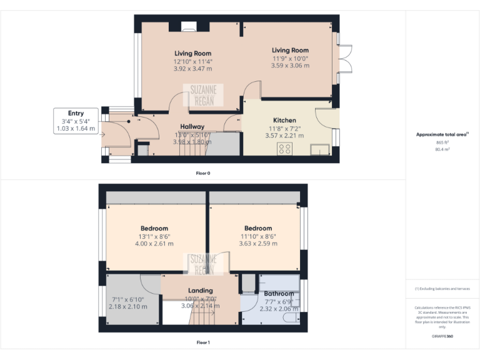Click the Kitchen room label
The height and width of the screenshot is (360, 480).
click(x=284, y=120)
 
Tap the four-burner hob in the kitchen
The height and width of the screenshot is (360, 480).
click(x=285, y=149)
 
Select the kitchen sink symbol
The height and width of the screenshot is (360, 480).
click(x=320, y=150)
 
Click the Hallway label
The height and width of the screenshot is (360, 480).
click(x=192, y=126)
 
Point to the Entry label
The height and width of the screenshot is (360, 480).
click(x=76, y=113)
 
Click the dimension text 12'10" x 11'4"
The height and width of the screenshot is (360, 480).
click(x=192, y=61)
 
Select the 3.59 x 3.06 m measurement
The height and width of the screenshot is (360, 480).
click(x=290, y=66)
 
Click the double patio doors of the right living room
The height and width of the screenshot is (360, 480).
click(x=346, y=64)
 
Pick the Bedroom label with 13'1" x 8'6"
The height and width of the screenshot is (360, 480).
click(x=153, y=229)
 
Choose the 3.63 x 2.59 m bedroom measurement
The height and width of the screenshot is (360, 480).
click(x=257, y=244)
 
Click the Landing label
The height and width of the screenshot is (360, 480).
click(x=201, y=291)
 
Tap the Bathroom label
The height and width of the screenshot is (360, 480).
click(x=278, y=294)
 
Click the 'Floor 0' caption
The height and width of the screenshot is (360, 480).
click(x=203, y=172)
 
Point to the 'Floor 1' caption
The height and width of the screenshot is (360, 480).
click(x=203, y=342)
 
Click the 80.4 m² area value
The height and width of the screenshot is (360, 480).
click(x=442, y=149)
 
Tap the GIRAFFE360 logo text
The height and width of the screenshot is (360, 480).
click(x=442, y=337)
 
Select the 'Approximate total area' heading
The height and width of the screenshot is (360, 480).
click(x=442, y=134)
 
